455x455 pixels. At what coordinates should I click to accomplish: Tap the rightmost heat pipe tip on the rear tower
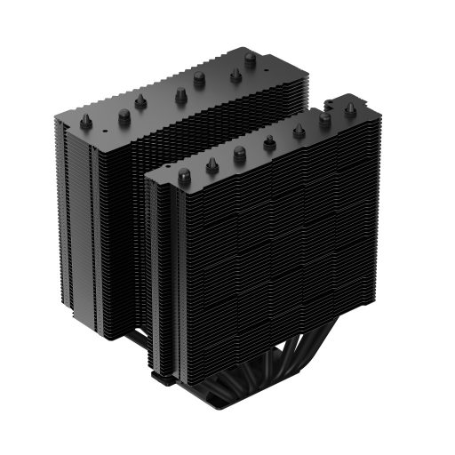(x=251, y=60)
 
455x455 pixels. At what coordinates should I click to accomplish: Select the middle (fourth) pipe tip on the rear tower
(x=180, y=93)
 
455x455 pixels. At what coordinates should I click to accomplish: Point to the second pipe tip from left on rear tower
(x=122, y=113)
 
